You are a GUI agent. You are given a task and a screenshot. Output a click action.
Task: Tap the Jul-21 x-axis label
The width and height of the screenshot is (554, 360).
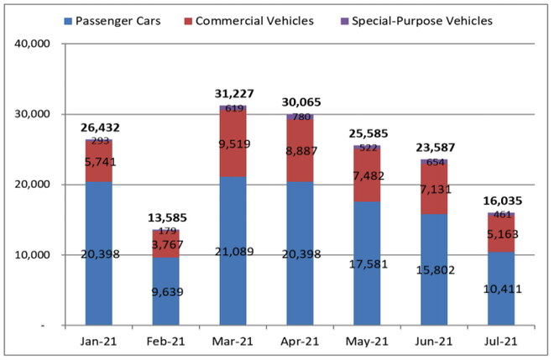(502, 342)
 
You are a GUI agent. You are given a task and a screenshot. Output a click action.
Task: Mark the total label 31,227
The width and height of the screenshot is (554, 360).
(234, 94)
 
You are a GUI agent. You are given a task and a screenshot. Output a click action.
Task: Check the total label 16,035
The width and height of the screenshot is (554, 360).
(502, 201)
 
